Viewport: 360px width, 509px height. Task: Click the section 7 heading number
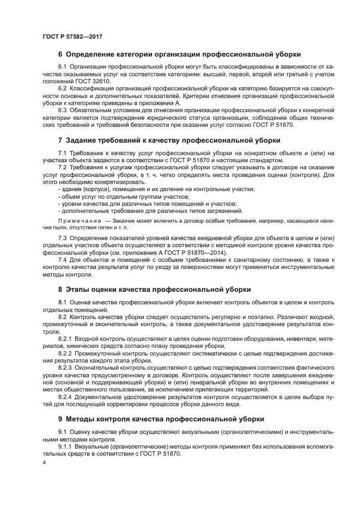[x=60, y=140]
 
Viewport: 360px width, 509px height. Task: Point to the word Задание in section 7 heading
[x=83, y=140]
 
